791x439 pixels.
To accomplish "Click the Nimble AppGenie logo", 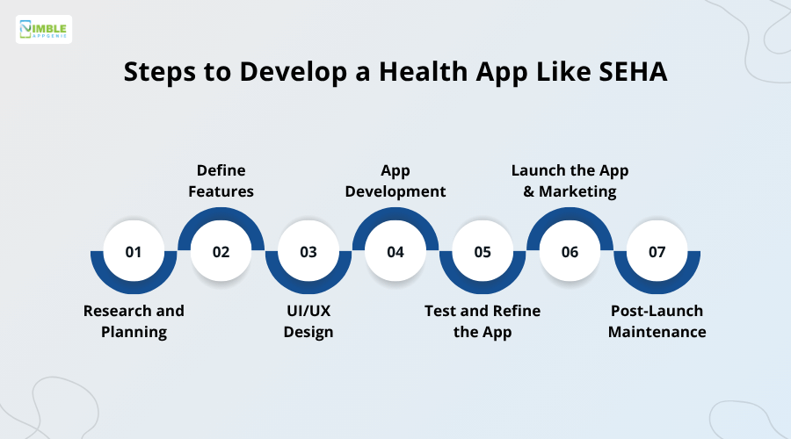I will (44, 30).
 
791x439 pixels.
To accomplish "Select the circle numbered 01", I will (134, 252).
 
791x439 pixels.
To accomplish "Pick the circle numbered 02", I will (221, 252).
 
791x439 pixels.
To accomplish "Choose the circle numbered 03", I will (308, 252).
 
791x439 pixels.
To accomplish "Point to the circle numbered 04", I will (395, 252).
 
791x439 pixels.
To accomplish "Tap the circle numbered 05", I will (483, 252).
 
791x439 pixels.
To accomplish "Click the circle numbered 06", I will (570, 252).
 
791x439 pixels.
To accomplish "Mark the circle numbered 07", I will (657, 252).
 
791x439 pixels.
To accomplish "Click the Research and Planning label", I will (134, 321).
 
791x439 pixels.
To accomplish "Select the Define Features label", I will (221, 180).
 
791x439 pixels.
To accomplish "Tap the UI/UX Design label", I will (308, 321).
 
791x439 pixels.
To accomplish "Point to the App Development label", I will (395, 180).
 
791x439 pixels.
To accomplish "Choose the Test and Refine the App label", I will (483, 321).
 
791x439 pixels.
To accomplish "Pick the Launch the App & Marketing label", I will (570, 180).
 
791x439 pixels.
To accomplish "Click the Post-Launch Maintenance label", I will (657, 321).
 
